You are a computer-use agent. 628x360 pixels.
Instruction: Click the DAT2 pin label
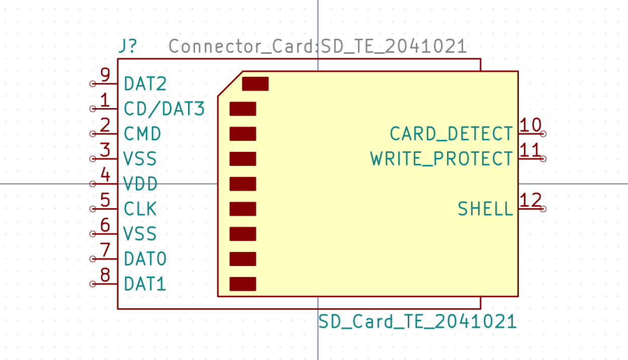145,83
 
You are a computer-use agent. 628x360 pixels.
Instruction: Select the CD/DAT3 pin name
164,109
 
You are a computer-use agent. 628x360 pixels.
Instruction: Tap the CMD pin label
142,134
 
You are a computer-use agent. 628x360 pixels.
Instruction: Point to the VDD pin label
140,184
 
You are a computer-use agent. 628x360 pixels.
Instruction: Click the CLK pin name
140,209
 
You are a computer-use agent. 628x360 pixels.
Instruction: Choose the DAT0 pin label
145,259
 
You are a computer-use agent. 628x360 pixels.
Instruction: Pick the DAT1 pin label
145,284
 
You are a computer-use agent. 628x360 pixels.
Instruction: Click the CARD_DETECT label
451,134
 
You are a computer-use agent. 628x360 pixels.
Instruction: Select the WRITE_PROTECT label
441,159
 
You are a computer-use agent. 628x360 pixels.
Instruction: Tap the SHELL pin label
485,209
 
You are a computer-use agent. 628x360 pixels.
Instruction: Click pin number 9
105,75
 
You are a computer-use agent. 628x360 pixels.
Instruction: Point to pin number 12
530,200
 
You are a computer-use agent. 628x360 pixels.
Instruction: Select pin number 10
530,125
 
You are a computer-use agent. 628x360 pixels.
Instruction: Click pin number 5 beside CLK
105,200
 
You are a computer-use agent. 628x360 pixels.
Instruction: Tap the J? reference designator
127,46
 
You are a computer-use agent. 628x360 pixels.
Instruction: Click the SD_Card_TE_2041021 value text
417,321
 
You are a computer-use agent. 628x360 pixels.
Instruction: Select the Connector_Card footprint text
318,46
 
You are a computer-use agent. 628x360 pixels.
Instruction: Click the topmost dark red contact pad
255,83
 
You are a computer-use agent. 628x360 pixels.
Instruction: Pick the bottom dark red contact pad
243,284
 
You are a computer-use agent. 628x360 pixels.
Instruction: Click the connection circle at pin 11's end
543,159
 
